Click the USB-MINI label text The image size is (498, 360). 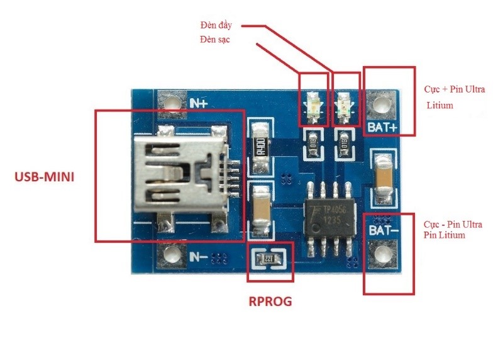pos(44,177)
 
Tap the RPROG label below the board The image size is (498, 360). pos(270,301)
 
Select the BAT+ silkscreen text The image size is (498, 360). pos(383,127)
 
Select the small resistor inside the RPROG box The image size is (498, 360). pos(268,259)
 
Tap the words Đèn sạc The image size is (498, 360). pos(214,41)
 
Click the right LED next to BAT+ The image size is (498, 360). pos(345,106)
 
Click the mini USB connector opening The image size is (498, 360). pos(182,173)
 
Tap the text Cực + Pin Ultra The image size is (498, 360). pos(454,90)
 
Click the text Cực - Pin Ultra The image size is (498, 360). pos(453,225)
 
